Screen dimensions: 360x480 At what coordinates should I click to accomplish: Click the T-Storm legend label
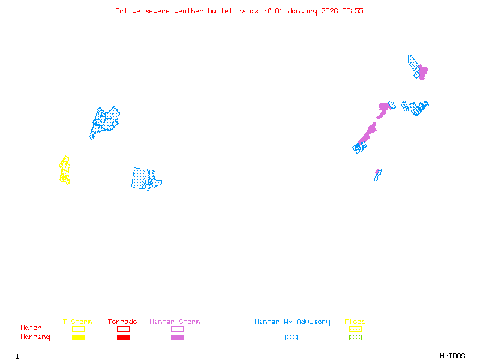click(x=77, y=322)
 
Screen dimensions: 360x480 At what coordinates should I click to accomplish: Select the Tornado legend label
click(x=122, y=322)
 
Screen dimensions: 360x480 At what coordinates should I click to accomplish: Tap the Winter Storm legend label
click(x=175, y=322)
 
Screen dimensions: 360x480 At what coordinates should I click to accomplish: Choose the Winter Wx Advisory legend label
click(x=292, y=322)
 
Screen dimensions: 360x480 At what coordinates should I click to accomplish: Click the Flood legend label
click(x=355, y=322)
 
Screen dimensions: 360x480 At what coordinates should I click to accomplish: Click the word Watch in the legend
click(x=31, y=328)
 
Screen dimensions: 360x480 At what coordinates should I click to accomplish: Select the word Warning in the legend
click(x=35, y=337)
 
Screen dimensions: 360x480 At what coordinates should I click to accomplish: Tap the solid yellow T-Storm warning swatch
click(x=78, y=337)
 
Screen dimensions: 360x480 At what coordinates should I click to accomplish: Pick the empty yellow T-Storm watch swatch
click(x=78, y=329)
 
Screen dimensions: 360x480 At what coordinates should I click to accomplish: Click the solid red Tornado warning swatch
click(x=123, y=337)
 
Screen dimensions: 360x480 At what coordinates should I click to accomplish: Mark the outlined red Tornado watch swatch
click(x=123, y=329)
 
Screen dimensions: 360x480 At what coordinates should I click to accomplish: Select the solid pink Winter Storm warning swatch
click(x=177, y=337)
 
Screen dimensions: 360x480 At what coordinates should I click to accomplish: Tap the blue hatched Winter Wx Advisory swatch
click(x=291, y=337)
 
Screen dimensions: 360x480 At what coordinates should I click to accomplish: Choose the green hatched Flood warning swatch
click(x=355, y=337)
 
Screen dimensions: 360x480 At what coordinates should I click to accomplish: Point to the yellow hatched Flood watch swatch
click(x=355, y=329)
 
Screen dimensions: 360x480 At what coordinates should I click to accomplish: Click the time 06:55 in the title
click(x=353, y=11)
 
